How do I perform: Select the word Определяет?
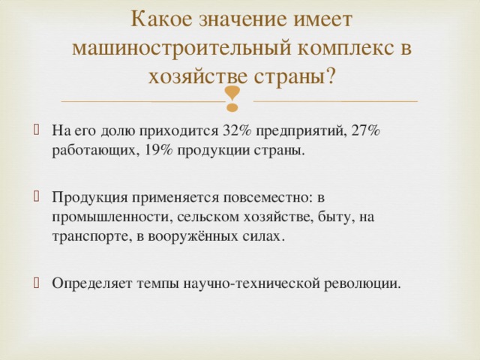click(x=88, y=283)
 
